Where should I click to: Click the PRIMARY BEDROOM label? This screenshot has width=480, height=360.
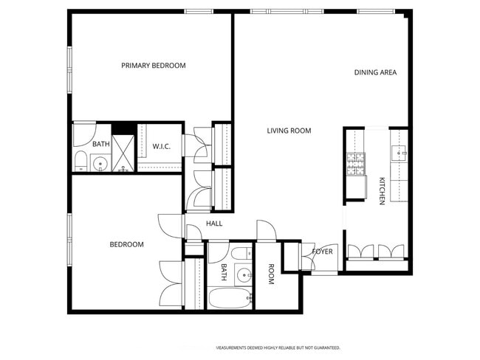point(154,66)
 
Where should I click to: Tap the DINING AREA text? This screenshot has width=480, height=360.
point(375,72)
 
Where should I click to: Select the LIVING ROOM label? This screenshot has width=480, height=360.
point(289,131)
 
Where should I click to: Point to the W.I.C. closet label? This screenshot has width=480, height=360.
point(162,147)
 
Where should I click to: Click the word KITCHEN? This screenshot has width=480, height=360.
point(382,191)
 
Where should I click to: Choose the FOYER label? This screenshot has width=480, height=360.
point(323,252)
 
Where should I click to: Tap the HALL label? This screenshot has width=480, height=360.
point(214,224)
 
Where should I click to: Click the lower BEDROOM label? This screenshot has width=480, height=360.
point(126,244)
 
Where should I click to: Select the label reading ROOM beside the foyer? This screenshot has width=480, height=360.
point(271,274)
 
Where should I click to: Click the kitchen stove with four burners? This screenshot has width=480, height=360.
point(356,164)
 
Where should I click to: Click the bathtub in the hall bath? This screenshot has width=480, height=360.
point(230,299)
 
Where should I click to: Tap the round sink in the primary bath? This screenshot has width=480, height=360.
point(100,164)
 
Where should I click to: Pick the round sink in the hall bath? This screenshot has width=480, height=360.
point(243,275)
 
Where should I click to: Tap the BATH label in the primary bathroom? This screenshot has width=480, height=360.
point(101,144)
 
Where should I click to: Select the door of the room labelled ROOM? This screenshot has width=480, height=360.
point(266,230)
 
